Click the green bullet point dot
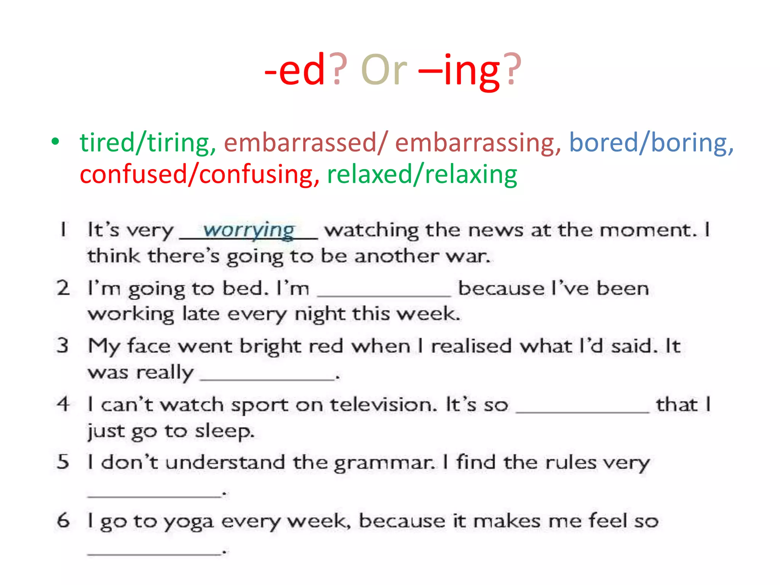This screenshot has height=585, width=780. (56, 142)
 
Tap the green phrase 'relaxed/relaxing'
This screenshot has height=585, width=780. (422, 174)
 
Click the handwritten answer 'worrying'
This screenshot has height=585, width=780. (249, 230)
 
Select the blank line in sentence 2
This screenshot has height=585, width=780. (384, 294)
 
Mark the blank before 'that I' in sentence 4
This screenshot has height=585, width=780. (583, 411)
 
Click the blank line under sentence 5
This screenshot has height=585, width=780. (154, 495)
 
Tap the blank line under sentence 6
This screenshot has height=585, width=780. (154, 553)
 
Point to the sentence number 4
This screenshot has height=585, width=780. (63, 404)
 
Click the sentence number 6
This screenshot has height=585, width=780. (63, 520)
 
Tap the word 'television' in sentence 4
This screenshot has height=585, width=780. (383, 404)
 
